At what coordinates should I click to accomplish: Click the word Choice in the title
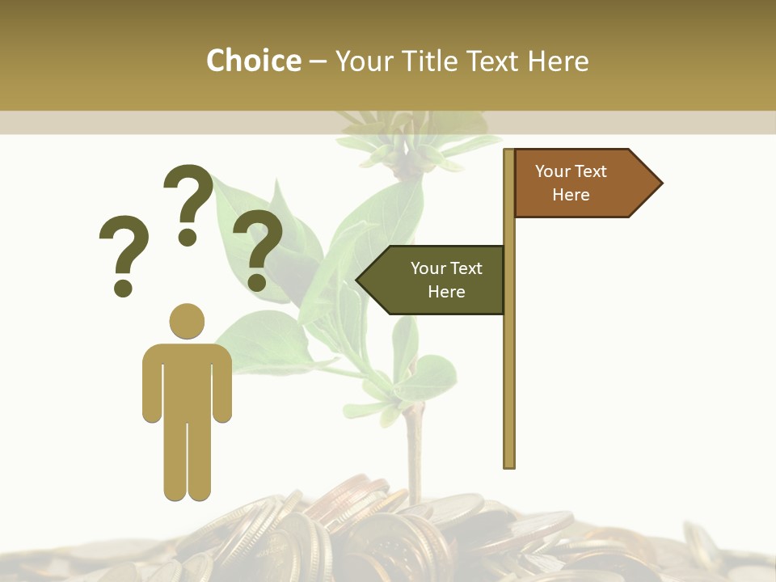click(x=253, y=61)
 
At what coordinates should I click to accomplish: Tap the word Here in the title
click(x=558, y=61)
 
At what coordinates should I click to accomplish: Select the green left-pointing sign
click(x=436, y=280)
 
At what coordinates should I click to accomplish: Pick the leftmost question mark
click(x=124, y=252)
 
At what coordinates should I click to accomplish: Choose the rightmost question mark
click(x=258, y=247)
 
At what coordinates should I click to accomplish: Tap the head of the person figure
click(x=187, y=321)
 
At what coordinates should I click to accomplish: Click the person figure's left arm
click(x=151, y=384)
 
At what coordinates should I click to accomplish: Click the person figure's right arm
click(x=223, y=384)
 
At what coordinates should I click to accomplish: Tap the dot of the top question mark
click(x=188, y=237)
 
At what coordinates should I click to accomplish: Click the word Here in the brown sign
click(x=571, y=195)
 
